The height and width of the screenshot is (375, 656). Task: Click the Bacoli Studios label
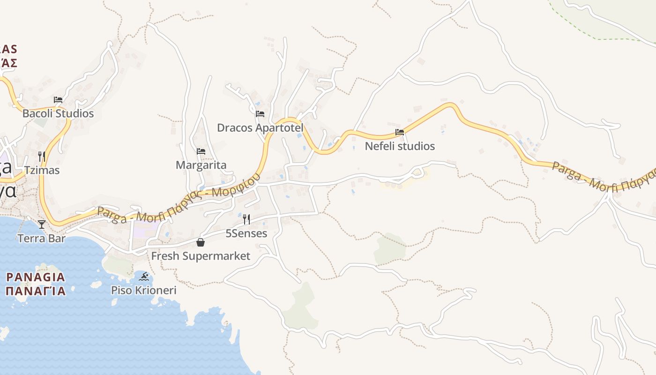[58, 113]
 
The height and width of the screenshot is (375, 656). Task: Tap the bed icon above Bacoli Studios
[58, 100]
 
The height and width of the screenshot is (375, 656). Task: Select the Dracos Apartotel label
[260, 127]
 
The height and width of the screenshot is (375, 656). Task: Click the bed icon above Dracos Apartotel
[260, 114]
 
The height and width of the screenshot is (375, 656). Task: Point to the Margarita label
[201, 165]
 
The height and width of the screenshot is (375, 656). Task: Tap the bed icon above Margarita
[201, 151]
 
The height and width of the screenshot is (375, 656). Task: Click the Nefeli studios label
[400, 146]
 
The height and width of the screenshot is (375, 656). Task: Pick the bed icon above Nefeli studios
[400, 132]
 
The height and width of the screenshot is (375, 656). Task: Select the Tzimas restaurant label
[42, 170]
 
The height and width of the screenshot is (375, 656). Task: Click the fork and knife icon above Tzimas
[42, 156]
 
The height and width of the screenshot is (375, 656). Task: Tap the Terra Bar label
[42, 239]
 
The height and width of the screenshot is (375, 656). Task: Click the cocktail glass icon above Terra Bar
[42, 225]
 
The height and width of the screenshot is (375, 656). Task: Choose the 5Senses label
[246, 233]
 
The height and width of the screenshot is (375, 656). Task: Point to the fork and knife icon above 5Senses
[246, 219]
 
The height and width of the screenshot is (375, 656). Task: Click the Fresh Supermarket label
[201, 256]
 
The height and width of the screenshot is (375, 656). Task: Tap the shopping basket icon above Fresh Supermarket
[201, 242]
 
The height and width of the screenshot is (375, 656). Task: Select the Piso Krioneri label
[144, 290]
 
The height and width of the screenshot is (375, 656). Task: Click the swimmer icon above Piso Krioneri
[144, 277]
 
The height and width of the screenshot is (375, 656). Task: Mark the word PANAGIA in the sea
[36, 277]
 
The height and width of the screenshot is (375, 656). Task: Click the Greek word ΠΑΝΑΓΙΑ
[36, 291]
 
